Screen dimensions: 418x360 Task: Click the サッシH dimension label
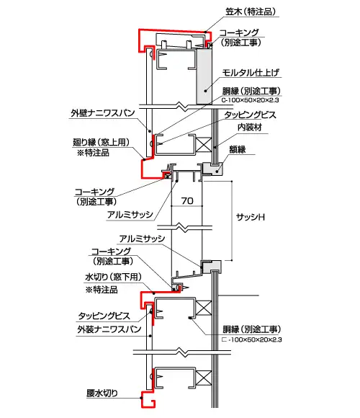[x=256, y=216]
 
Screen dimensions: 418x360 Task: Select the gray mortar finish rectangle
[x=205, y=76]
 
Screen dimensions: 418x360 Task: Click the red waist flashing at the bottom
[x=149, y=401]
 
